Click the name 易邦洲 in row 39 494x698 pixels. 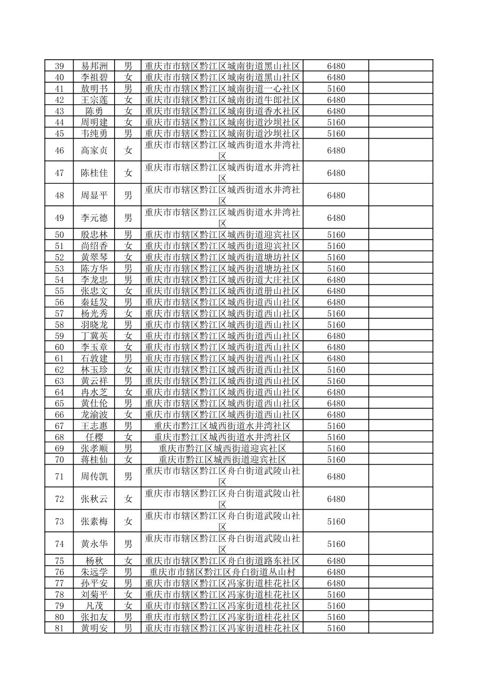coord(94,66)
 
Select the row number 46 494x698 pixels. coord(59,150)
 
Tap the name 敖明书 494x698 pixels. coord(94,88)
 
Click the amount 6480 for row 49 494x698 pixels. coord(336,218)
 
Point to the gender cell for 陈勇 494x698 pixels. coord(128,111)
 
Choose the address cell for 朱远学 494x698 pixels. coord(222,572)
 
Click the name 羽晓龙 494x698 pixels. coord(94,325)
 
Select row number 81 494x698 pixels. coord(59,628)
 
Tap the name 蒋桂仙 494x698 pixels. coord(94,459)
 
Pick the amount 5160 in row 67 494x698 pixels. coord(336,426)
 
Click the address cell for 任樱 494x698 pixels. coord(222,437)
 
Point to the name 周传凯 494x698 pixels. coord(94,476)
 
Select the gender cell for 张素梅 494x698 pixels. coord(128,521)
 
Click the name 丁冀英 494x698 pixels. coord(94,336)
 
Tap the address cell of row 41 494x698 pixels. coord(222,88)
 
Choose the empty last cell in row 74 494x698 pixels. coord(400,544)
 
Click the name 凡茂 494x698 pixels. coord(94,605)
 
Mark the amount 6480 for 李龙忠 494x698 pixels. coord(336,280)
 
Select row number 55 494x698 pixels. coord(59,291)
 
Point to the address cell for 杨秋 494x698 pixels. coord(222,561)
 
